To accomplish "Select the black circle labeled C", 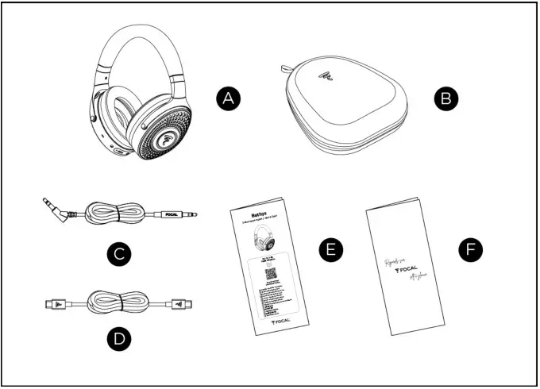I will [118, 255].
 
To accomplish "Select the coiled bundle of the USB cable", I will [118, 302].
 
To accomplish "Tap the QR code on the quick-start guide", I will [270, 275].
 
